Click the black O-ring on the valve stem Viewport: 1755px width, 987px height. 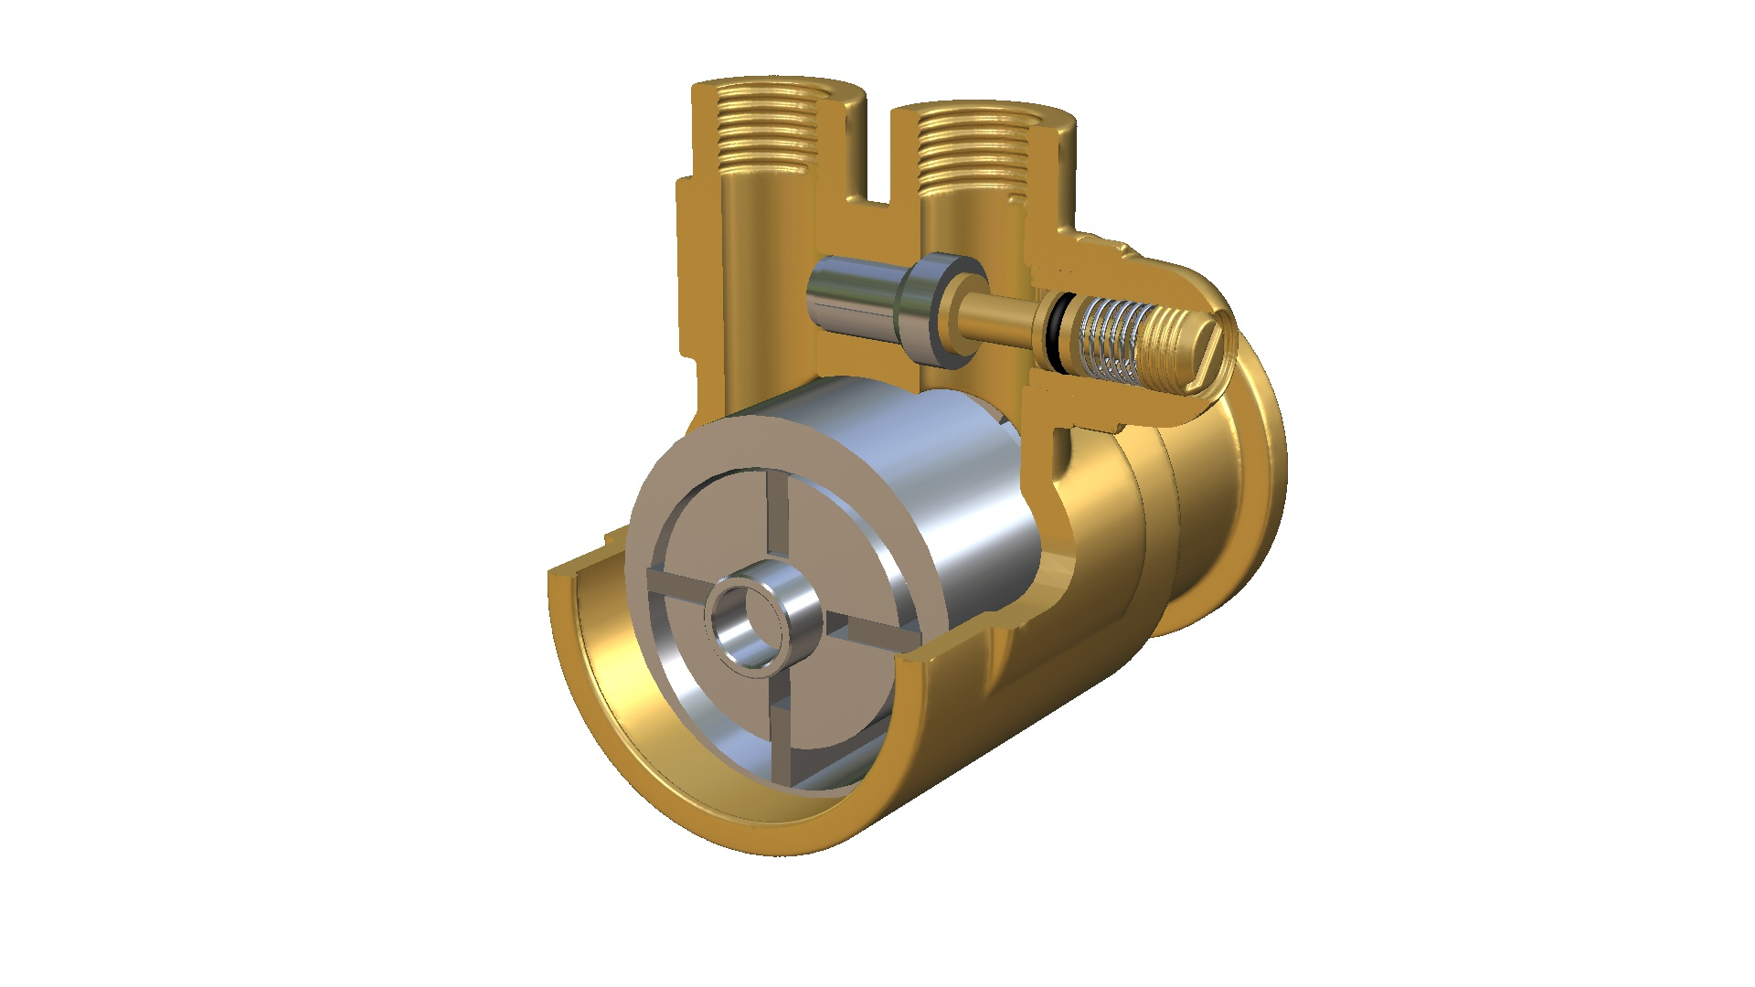1056,333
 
